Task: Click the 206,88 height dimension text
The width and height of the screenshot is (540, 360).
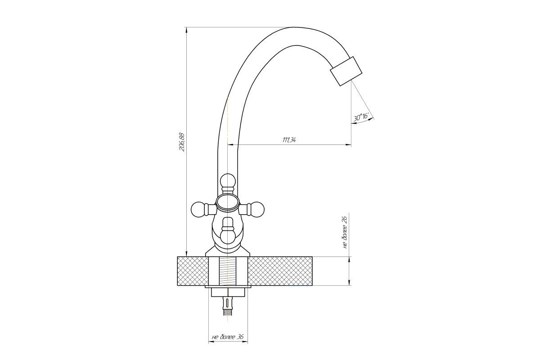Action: point(181,142)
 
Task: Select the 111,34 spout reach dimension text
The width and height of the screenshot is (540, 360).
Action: point(289,140)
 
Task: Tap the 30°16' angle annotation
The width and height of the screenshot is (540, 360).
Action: point(361,117)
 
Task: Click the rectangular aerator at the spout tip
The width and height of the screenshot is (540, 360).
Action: point(346,71)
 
